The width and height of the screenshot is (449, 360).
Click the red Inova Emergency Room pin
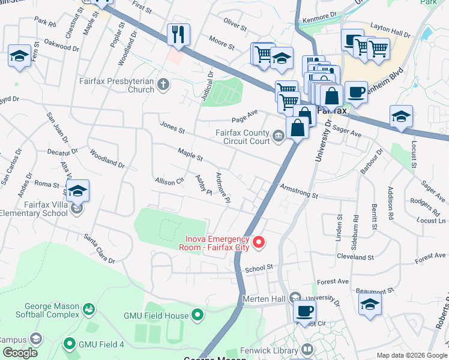tap(259, 242)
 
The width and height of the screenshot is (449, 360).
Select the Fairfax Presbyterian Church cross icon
tap(165, 85)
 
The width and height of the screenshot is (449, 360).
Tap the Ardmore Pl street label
tap(223, 187)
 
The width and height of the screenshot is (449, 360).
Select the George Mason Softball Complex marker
tap(89, 308)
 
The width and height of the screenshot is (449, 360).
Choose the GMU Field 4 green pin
tap(70, 344)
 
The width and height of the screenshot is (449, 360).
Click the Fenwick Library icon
tap(307, 349)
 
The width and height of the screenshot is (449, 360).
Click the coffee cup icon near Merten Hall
tap(304, 311)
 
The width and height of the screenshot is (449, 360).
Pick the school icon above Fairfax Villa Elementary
tap(77, 191)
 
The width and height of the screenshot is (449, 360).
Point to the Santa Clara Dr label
tap(99, 248)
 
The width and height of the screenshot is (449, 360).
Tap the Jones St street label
tap(172, 127)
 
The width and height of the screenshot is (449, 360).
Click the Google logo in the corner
tap(20, 353)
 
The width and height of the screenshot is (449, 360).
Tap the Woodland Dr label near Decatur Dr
tap(107, 160)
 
